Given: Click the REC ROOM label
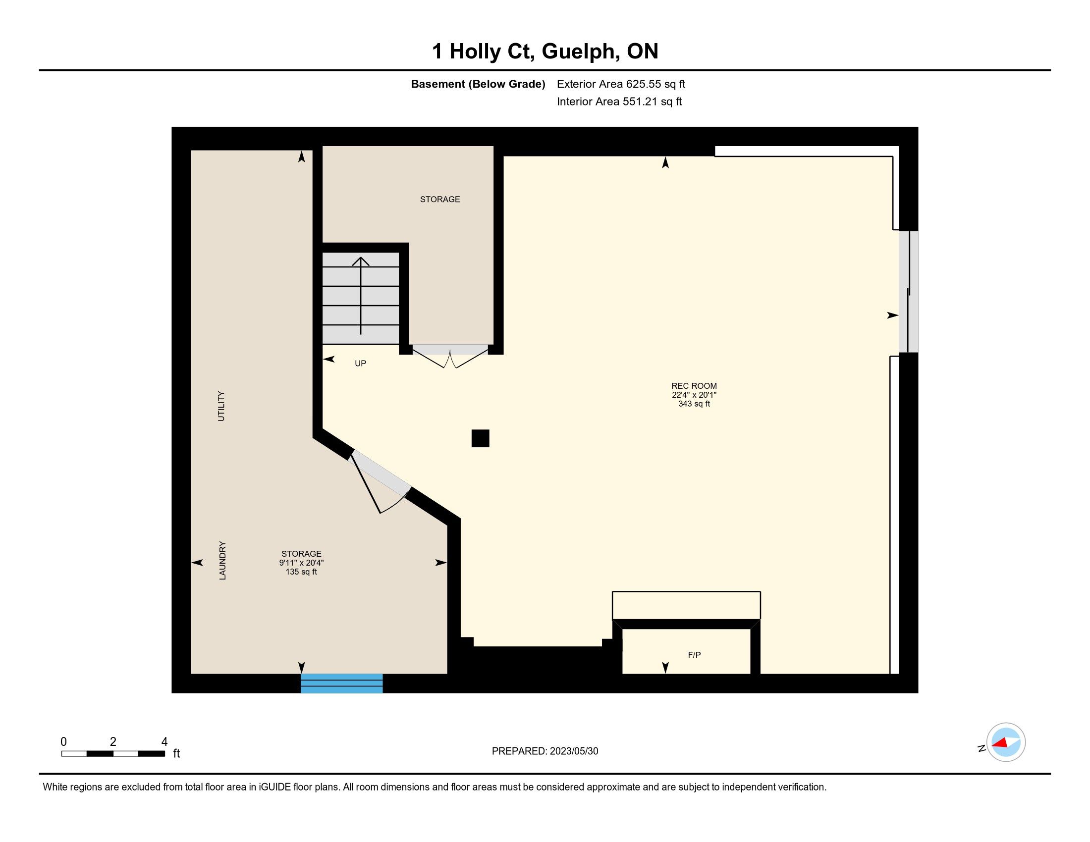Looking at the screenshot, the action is (694, 385).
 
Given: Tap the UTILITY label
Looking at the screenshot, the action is (221, 406).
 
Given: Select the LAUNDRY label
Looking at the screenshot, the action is (222, 560).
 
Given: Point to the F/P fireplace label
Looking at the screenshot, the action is (694, 654).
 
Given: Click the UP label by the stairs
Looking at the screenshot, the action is (360, 363).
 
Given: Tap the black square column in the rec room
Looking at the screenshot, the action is (480, 438).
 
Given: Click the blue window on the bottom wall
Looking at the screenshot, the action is (341, 684).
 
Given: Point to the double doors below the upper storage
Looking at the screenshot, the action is (450, 355).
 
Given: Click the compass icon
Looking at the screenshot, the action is (1006, 742).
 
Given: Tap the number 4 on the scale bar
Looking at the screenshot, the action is (164, 742).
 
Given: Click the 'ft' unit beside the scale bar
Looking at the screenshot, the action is (176, 753).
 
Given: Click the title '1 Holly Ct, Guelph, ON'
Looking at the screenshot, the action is (545, 51).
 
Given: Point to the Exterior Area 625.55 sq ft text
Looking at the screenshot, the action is (621, 84).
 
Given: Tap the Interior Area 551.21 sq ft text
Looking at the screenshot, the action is (619, 101).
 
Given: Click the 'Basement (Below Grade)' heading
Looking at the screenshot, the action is (478, 84).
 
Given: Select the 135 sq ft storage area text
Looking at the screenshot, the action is (301, 572).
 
